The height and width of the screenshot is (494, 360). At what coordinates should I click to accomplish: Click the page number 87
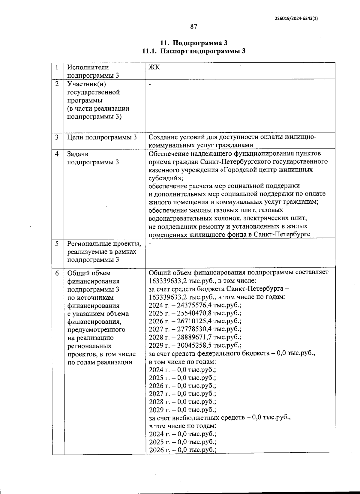(x=194, y=27)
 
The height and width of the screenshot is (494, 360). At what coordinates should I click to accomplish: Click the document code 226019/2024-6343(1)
(x=296, y=18)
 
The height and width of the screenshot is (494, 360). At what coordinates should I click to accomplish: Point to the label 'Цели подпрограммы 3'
(x=102, y=137)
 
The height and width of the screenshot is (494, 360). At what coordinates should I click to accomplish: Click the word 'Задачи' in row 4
(x=78, y=154)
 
